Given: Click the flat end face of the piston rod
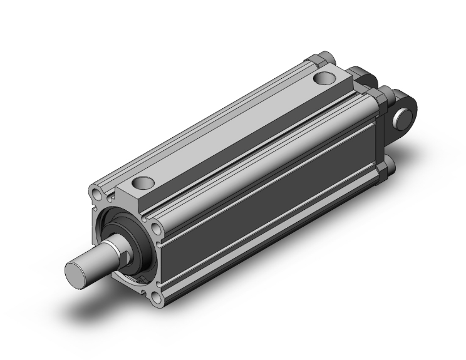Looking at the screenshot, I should click(76, 272).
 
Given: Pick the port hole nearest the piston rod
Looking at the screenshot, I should click(143, 183).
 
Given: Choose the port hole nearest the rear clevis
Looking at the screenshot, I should click(324, 79).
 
